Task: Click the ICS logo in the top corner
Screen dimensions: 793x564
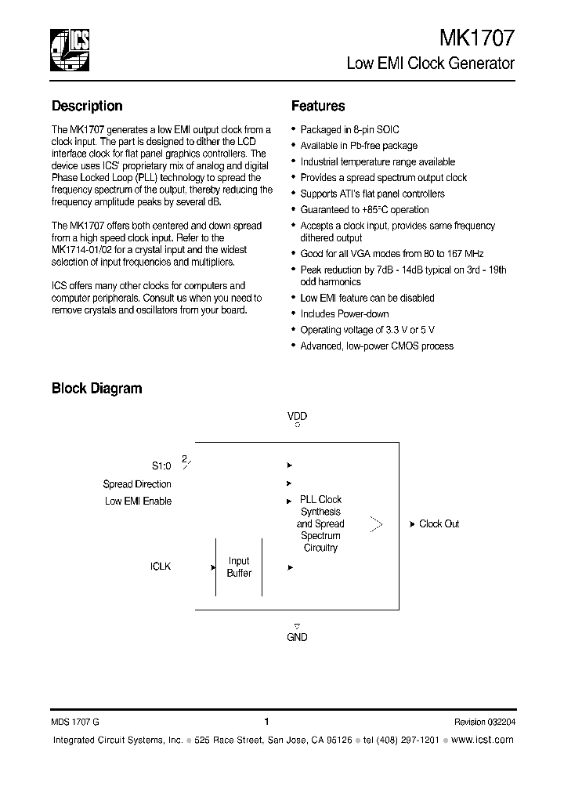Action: click(70, 49)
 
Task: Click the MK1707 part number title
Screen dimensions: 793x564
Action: click(477, 38)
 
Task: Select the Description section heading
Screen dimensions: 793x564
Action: click(87, 106)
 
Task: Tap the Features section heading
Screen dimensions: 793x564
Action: click(318, 106)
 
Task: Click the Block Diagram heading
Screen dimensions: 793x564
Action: click(96, 388)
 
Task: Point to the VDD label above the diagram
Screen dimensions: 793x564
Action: click(297, 416)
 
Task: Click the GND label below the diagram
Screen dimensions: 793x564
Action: click(297, 637)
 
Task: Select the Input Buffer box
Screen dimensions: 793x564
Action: click(239, 567)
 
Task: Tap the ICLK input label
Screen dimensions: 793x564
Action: click(161, 566)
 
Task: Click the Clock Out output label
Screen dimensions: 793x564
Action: click(439, 523)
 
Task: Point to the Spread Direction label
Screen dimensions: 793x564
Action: click(137, 484)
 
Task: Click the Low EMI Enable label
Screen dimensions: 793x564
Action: click(138, 501)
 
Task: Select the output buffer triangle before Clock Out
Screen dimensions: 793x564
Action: click(376, 523)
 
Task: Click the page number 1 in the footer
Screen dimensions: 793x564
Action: click(267, 722)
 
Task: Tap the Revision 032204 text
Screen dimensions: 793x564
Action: click(484, 722)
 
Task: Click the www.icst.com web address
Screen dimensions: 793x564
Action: click(483, 740)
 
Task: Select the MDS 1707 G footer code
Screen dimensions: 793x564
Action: click(76, 722)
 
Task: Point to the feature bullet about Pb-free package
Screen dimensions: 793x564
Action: click(359, 146)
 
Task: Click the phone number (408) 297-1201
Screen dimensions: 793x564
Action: click(407, 740)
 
